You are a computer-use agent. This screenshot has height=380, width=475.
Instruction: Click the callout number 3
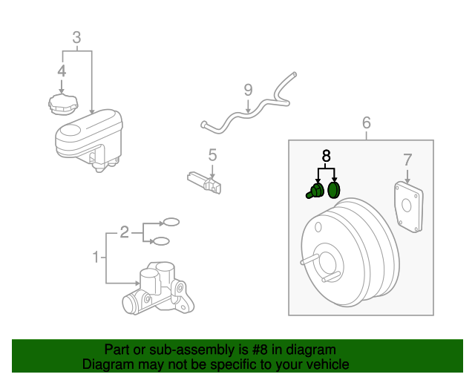click(x=76, y=38)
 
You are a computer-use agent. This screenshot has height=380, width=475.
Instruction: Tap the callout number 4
click(x=62, y=71)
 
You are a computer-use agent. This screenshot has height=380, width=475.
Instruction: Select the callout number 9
click(x=248, y=90)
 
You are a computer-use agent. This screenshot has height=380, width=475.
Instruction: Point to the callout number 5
click(x=212, y=155)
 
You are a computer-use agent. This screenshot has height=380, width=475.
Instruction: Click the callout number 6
click(x=367, y=122)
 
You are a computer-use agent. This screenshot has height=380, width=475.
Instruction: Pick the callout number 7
click(x=407, y=160)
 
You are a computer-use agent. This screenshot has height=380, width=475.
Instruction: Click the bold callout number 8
click(x=326, y=156)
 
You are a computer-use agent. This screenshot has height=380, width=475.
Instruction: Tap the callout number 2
click(x=125, y=232)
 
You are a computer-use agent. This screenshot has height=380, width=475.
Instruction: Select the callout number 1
click(x=96, y=257)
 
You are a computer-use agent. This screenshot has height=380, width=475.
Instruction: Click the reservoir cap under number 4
click(x=63, y=104)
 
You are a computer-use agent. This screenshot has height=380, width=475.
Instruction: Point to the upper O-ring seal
click(x=171, y=222)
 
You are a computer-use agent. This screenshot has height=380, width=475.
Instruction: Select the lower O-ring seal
click(x=161, y=241)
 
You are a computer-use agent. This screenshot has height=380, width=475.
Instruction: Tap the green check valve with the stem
click(x=315, y=191)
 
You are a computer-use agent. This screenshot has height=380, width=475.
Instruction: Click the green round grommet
click(x=334, y=190)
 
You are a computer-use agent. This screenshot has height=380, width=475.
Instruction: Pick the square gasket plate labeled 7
click(x=409, y=206)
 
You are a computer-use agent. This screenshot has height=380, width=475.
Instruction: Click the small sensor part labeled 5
click(x=204, y=183)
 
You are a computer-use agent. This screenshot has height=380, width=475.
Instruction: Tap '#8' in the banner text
click(x=260, y=350)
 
